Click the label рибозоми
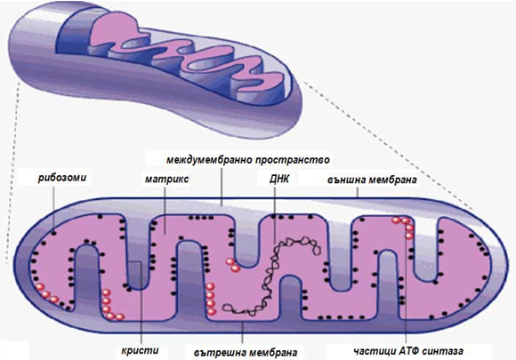tap(62, 178)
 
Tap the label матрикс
tap(167, 180)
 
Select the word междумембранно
tap(209, 160)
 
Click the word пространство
tap(292, 160)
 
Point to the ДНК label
tap(279, 180)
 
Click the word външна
tap(347, 180)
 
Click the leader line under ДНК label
tap(275, 213)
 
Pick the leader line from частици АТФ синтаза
tap(406, 282)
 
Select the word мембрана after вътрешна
tap(273, 353)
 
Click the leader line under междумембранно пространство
tap(222, 186)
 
